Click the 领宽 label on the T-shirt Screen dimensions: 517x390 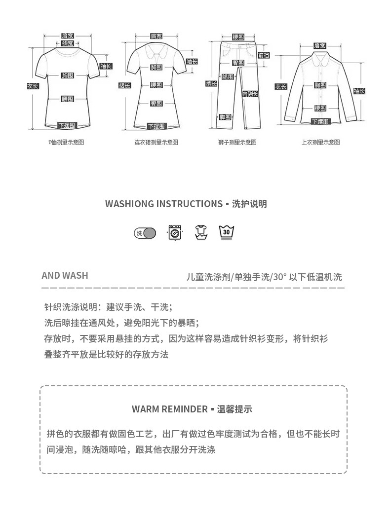[68, 43]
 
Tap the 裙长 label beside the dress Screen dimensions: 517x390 [124, 85]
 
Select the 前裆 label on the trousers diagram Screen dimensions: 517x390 [264, 55]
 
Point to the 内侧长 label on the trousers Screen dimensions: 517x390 [249, 94]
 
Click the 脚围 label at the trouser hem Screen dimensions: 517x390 [225, 117]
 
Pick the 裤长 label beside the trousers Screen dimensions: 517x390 [211, 84]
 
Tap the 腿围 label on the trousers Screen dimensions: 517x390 [228, 77]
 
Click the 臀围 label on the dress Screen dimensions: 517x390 [156, 103]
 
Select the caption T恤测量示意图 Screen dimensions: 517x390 [66, 142]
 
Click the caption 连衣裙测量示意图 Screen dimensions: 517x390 [156, 142]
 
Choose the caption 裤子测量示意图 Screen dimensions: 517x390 [237, 142]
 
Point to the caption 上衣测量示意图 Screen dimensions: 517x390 [321, 142]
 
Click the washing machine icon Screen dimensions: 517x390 [175, 232]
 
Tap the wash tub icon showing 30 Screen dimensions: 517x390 [227, 232]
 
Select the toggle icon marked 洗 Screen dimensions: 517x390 [145, 233]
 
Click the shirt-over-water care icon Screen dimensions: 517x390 [200, 232]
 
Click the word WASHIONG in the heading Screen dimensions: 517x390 [129, 204]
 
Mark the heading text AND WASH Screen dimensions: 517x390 [65, 275]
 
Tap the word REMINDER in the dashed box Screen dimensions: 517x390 [184, 409]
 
